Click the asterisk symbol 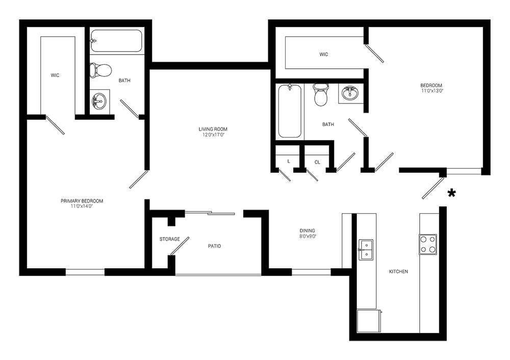(x=451, y=194)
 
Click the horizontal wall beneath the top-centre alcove (x=210, y=65)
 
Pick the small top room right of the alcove (x=319, y=51)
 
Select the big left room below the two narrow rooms (x=84, y=194)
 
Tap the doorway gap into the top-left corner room (x=61, y=117)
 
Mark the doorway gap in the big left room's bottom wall (x=85, y=271)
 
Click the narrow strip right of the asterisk (x=468, y=255)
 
